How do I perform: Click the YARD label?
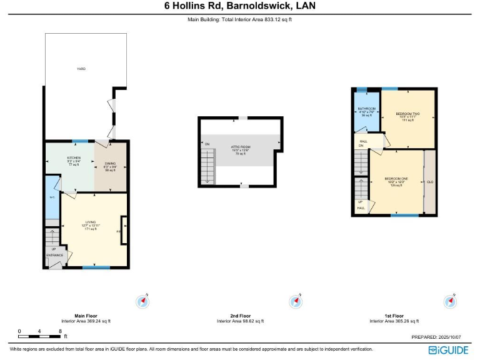[81, 69]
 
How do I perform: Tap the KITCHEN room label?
[74, 158]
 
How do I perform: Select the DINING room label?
[110, 164]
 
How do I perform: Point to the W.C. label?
[52, 198]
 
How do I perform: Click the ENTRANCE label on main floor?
[54, 255]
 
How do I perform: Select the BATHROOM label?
[366, 109]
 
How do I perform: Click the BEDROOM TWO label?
[407, 114]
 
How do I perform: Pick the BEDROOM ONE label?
[396, 179]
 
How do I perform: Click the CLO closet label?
[430, 182]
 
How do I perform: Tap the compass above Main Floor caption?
[143, 302]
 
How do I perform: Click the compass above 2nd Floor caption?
[296, 302]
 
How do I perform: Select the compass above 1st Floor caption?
[449, 302]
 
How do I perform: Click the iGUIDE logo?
[449, 349]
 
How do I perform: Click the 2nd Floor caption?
[240, 316]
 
